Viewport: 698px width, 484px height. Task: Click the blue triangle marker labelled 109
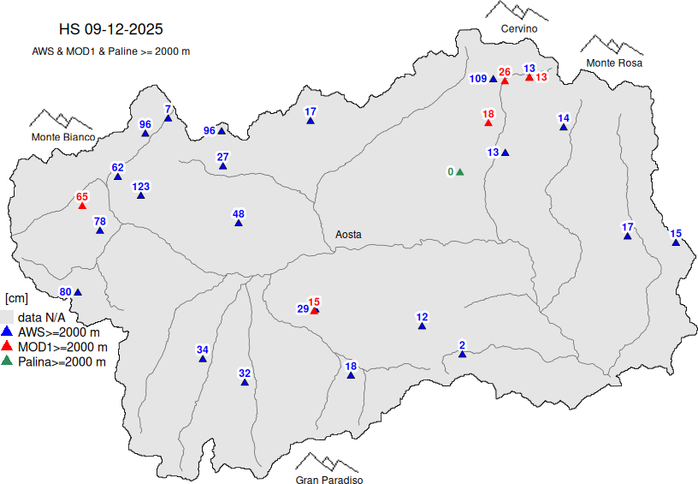493,80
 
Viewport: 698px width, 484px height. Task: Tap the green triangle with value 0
459,172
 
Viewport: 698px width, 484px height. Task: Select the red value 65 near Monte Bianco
82,197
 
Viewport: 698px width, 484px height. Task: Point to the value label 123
141,187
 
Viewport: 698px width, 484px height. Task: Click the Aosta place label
348,234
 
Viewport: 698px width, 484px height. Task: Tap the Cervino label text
519,29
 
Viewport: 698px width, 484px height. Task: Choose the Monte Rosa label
614,63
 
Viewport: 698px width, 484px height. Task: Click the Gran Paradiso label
329,481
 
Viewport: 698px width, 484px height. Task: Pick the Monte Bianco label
63,137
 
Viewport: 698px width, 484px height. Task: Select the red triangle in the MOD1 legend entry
6,347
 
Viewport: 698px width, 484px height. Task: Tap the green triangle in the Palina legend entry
6,362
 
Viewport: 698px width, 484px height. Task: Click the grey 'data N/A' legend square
6,317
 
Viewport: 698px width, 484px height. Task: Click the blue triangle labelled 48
239,224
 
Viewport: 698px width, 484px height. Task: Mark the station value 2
462,345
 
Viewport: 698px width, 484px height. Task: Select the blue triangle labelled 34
203,359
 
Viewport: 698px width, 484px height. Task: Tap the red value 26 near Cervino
505,72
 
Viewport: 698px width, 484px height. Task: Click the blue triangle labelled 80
78,293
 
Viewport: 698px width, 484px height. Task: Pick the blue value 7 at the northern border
168,109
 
